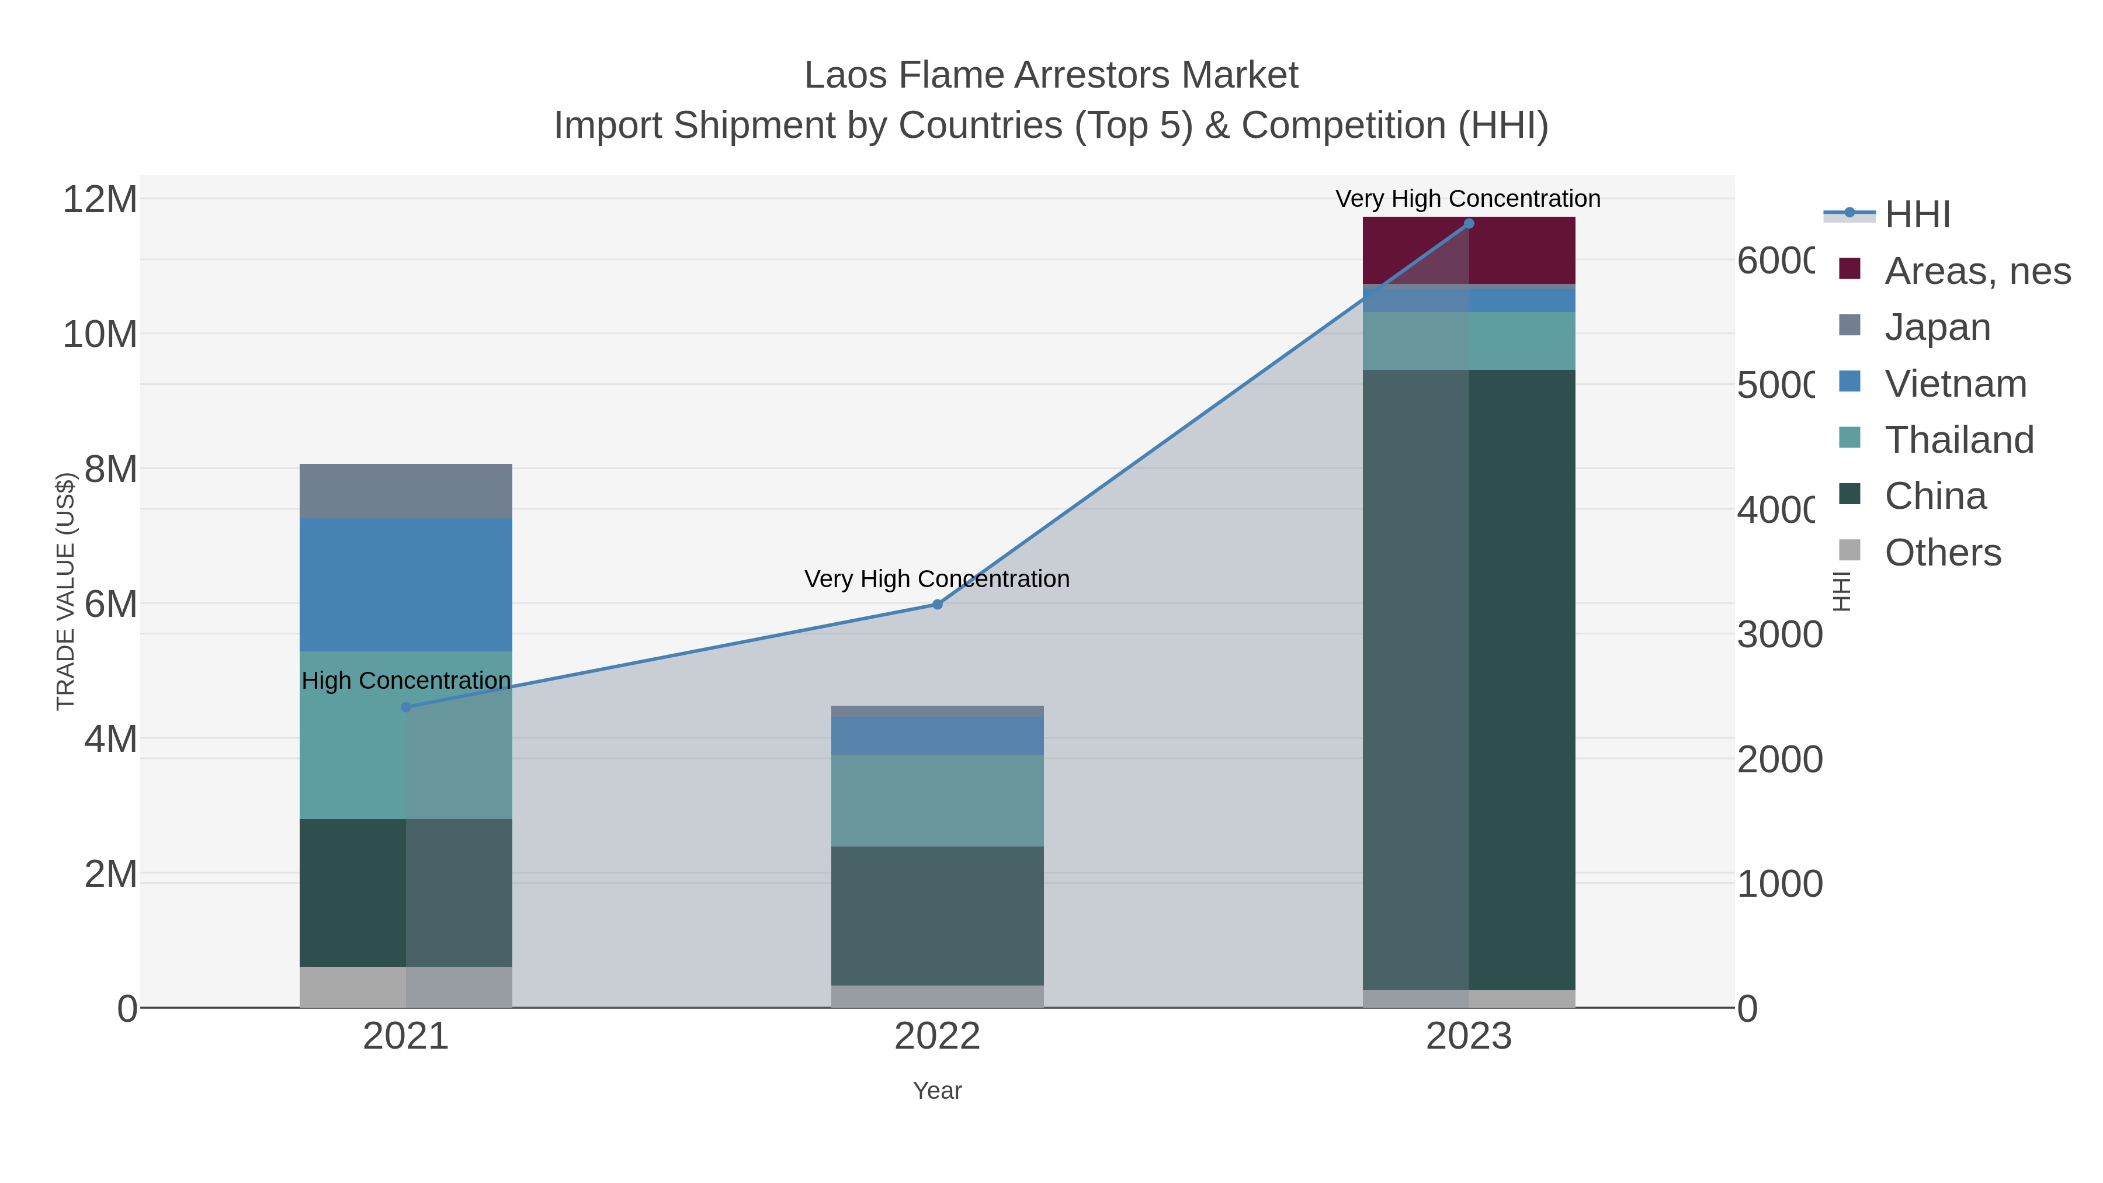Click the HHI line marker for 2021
point(406,707)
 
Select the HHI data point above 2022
point(937,604)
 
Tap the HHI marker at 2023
point(1469,224)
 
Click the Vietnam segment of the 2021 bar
point(406,585)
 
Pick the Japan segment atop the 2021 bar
point(406,491)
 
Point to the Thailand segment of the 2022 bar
point(937,800)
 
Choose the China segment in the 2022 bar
point(937,915)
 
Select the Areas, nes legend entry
point(1976,271)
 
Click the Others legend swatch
point(1849,551)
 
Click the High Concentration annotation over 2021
point(406,680)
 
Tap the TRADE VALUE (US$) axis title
point(65,591)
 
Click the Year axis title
point(937,1091)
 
